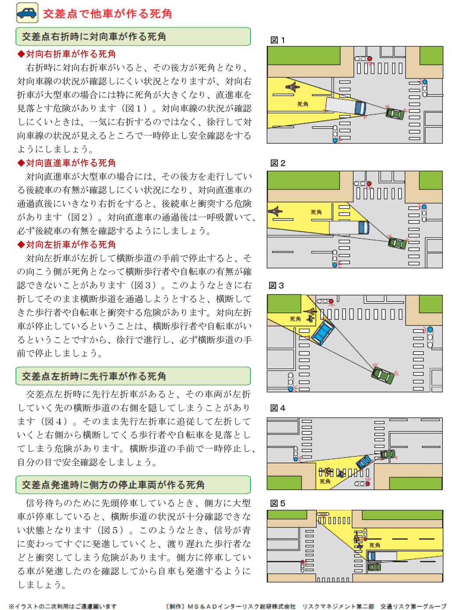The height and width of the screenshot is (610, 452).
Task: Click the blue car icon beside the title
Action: click(x=27, y=13)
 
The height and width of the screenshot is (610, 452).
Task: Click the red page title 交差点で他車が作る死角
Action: click(x=107, y=14)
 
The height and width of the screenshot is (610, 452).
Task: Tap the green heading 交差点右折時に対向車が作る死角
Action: click(x=133, y=36)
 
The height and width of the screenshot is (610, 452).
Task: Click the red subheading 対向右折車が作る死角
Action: click(x=66, y=54)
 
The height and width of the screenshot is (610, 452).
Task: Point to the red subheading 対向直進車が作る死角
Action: click(x=66, y=162)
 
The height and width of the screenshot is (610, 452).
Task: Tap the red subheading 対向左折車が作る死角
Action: click(x=66, y=244)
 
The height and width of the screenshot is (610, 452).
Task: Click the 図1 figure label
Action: click(x=277, y=40)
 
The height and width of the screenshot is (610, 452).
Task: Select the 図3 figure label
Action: click(x=276, y=285)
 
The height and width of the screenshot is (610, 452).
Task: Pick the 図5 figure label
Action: click(x=277, y=503)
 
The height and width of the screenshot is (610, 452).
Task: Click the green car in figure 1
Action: click(x=395, y=113)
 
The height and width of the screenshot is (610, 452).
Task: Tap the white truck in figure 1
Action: click(x=345, y=106)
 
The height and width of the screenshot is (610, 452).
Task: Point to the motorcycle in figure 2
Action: click(x=276, y=211)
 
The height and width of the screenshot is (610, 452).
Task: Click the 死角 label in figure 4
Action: click(x=325, y=481)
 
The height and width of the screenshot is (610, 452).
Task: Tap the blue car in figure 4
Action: click(x=364, y=461)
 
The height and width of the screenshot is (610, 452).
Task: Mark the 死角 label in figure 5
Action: click(x=374, y=545)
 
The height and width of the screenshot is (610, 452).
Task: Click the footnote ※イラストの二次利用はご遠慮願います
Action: click(x=63, y=606)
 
